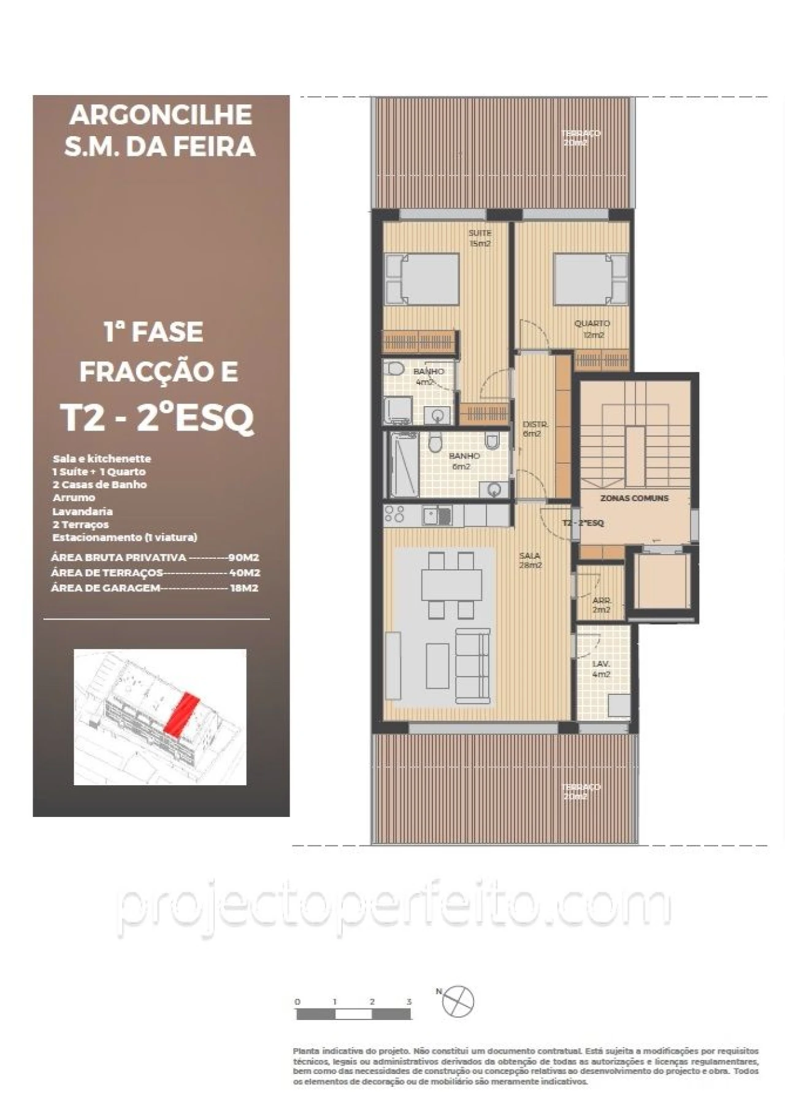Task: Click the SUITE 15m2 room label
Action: tap(480, 238)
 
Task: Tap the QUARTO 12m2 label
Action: tap(592, 329)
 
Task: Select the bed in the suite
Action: tap(423, 278)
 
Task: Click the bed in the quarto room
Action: tap(591, 280)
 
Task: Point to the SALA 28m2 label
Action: tap(530, 560)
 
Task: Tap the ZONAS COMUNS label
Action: tap(634, 498)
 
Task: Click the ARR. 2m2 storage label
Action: tap(601, 605)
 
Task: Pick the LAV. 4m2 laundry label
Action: tap(601, 669)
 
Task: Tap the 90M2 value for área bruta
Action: tap(243, 558)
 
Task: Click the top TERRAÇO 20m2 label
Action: tap(580, 137)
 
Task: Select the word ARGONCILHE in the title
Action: tap(161, 115)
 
